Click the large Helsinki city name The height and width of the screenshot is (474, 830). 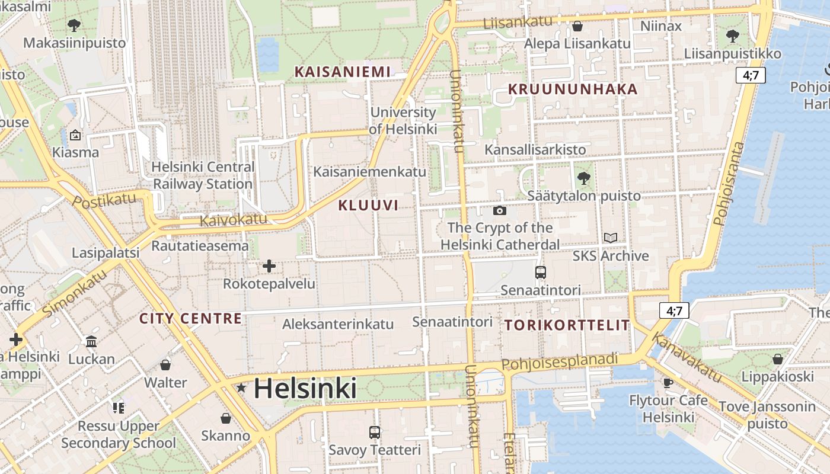(305, 389)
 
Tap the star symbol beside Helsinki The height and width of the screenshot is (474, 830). (241, 388)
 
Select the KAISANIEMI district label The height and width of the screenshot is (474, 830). (343, 72)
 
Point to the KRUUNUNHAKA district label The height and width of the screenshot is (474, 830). (573, 89)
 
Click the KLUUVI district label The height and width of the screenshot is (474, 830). (368, 206)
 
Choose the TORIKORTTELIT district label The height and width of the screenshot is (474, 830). (567, 325)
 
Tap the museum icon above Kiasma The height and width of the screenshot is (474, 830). (75, 135)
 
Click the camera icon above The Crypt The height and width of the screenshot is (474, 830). (500, 210)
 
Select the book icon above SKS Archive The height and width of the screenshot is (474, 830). (611, 238)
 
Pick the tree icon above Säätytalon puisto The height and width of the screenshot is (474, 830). (584, 177)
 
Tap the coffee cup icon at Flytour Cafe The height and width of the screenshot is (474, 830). (668, 383)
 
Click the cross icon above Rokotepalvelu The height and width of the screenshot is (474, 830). (269, 266)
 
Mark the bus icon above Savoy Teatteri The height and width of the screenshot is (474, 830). (375, 432)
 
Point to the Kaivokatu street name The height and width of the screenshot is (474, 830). (234, 220)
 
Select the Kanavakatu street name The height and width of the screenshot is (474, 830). (687, 357)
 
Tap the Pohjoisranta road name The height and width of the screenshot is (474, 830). (729, 184)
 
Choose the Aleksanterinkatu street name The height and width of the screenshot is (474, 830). (338, 324)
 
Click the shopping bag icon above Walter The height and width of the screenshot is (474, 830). (165, 364)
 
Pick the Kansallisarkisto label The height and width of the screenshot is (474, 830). (535, 149)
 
